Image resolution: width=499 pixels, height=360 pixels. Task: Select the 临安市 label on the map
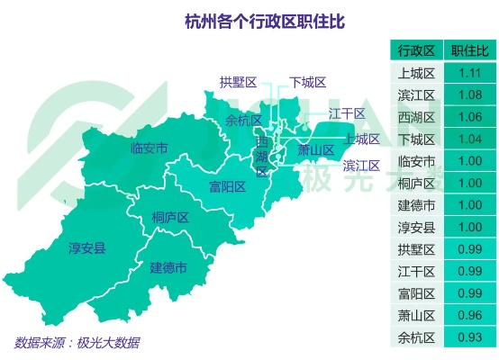pos(149,148)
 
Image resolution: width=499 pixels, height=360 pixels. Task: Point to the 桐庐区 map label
pos(169,217)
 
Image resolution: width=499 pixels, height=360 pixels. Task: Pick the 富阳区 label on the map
pos(228,186)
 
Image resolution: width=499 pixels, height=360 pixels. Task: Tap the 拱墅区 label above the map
pos(238,83)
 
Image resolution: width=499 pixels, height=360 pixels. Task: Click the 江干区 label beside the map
pos(347,113)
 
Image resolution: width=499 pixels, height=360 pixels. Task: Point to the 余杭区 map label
pos(243,120)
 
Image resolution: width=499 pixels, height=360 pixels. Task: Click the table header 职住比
pos(467,49)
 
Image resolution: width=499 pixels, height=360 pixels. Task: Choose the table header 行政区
pos(416,49)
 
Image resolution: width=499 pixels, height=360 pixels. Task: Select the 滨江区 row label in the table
pos(416,94)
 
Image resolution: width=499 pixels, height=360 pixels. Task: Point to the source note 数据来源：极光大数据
pos(77,343)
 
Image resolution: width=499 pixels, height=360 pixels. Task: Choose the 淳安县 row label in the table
pos(416,227)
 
